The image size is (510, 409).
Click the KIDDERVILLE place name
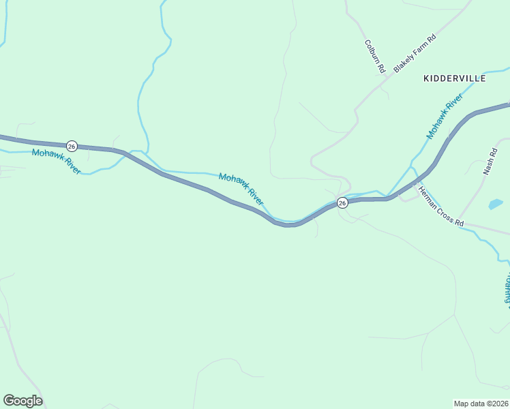point(454,78)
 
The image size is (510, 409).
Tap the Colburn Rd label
point(375,57)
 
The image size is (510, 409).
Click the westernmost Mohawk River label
point(57,162)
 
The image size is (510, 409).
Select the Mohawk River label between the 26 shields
point(241,189)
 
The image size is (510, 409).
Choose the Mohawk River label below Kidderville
point(444,117)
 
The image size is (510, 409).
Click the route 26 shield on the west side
point(72,146)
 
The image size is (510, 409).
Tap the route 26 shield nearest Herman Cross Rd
point(342,203)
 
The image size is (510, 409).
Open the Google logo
point(22,401)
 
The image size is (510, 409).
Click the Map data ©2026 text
point(481,403)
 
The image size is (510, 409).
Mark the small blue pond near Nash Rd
point(496,204)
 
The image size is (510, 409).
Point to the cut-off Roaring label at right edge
point(507,288)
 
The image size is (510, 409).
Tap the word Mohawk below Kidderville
point(438,124)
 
